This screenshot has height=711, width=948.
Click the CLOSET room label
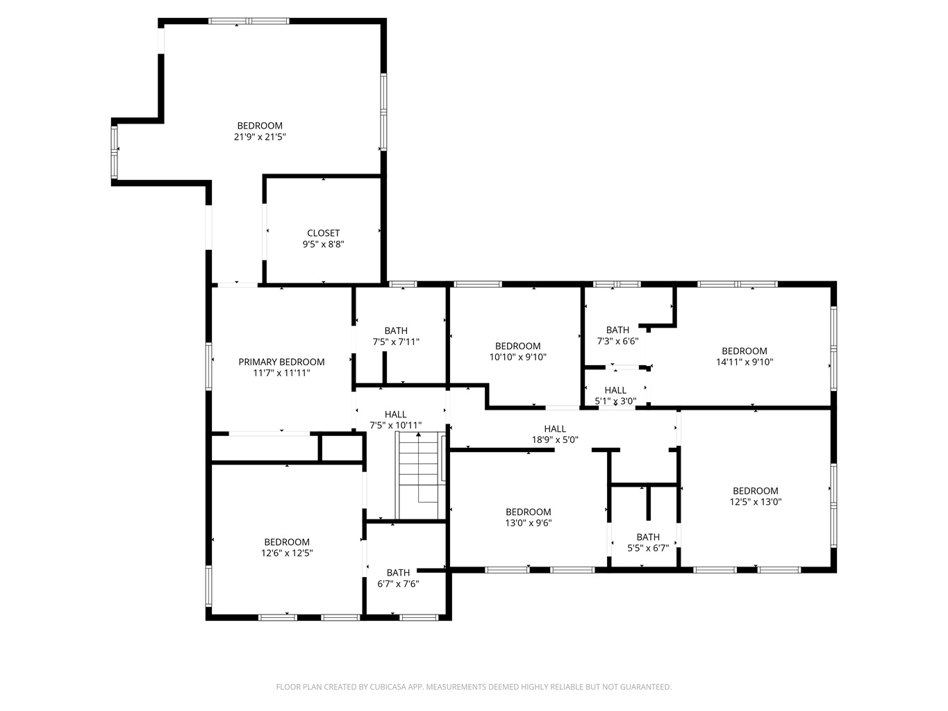[323, 233]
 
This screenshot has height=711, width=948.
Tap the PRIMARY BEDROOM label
[281, 362]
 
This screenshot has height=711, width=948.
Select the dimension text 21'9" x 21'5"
[260, 137]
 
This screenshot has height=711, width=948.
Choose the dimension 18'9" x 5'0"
[555, 440]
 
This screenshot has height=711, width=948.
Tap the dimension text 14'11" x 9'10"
[745, 362]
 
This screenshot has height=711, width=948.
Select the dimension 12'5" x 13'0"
[756, 501]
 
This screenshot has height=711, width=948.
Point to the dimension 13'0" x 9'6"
[529, 523]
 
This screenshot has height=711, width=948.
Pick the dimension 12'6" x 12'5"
[287, 553]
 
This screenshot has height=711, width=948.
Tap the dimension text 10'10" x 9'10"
[518, 357]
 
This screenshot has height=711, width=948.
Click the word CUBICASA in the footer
[388, 687]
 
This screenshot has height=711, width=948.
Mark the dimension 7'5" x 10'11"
[396, 425]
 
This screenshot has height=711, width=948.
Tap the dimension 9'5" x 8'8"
[323, 244]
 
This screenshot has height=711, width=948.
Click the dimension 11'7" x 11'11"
[281, 373]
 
